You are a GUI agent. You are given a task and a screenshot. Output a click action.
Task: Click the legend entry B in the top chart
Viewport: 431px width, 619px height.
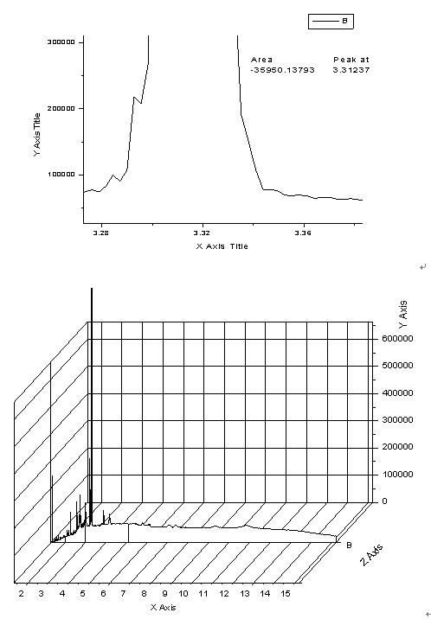click(331, 22)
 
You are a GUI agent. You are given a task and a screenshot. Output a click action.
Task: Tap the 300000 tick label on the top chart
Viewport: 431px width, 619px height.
click(61, 41)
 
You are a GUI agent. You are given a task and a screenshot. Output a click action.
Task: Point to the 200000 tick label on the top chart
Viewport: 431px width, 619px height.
click(61, 108)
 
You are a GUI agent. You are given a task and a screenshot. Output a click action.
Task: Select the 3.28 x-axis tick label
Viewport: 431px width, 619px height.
click(100, 233)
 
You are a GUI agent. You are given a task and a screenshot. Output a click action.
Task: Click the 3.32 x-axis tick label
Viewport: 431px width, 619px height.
click(202, 233)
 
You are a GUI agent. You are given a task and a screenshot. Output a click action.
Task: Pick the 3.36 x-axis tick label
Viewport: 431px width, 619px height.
click(303, 233)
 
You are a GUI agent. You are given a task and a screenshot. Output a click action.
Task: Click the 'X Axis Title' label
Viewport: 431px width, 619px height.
click(222, 246)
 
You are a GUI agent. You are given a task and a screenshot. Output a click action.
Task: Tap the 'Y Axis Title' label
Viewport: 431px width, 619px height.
click(37, 135)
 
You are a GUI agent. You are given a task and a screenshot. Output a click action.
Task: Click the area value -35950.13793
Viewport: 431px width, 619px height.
click(282, 70)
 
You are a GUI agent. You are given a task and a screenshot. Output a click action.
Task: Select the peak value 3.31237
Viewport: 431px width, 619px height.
click(351, 70)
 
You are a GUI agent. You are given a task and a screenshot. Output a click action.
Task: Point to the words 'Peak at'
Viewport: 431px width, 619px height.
click(351, 60)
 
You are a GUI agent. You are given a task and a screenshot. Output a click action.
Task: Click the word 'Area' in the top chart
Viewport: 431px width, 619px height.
click(261, 60)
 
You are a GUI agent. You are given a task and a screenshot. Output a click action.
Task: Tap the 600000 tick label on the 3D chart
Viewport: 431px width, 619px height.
click(397, 338)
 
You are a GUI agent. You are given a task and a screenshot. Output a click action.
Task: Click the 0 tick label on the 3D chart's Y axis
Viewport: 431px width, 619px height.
click(385, 501)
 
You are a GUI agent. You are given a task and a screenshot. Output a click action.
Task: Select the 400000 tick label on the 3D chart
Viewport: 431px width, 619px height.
click(397, 392)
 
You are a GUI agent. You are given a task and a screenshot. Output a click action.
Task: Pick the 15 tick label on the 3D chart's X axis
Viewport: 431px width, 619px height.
click(286, 593)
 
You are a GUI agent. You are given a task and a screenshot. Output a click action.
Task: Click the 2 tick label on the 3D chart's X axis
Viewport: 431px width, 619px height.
click(22, 593)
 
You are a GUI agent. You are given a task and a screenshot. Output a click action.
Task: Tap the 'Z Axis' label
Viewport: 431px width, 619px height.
click(372, 555)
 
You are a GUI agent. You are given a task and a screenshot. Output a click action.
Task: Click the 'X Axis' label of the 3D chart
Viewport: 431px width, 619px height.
click(164, 607)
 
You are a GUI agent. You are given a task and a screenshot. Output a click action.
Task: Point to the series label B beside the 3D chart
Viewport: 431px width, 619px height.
click(349, 546)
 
